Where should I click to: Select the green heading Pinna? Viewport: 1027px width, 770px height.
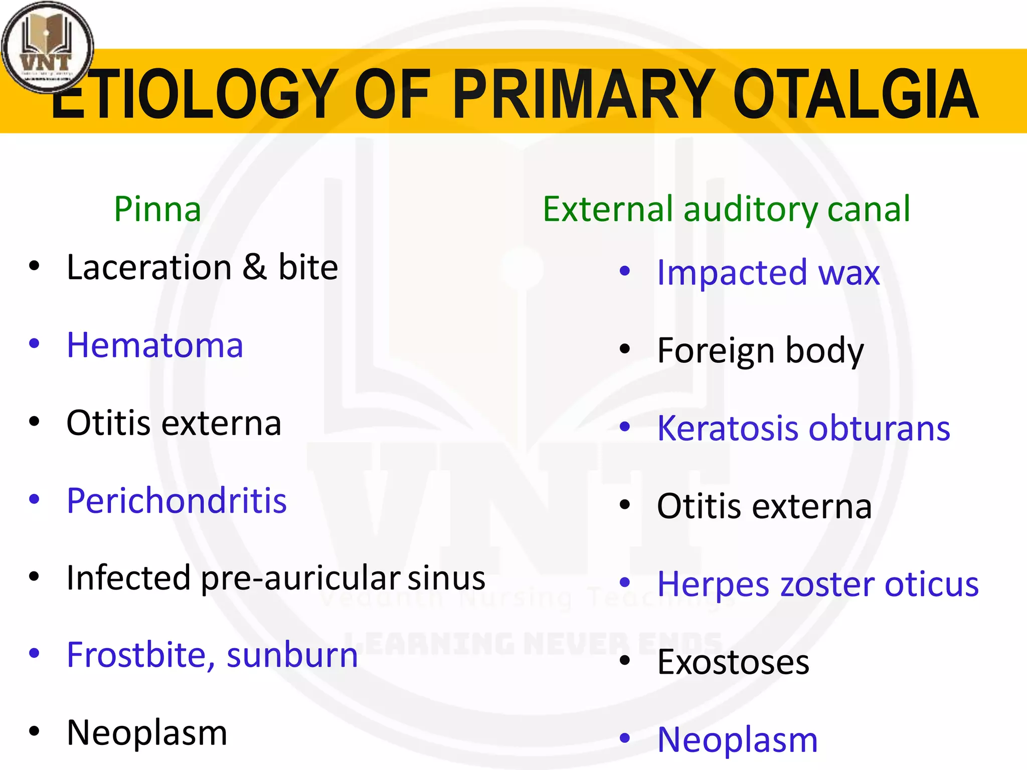157,210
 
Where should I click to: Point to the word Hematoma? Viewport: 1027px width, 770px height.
155,346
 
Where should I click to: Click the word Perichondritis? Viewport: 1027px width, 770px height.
177,501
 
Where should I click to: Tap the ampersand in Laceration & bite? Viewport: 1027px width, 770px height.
255,267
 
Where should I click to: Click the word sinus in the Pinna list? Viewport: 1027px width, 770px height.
446,579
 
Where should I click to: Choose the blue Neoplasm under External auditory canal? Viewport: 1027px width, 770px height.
737,740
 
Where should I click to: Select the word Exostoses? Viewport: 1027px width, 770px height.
733,663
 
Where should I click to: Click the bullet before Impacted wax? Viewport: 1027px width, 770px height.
624,272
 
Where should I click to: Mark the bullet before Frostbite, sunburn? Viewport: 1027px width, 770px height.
34,654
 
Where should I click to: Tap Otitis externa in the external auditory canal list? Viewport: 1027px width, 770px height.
764,507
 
